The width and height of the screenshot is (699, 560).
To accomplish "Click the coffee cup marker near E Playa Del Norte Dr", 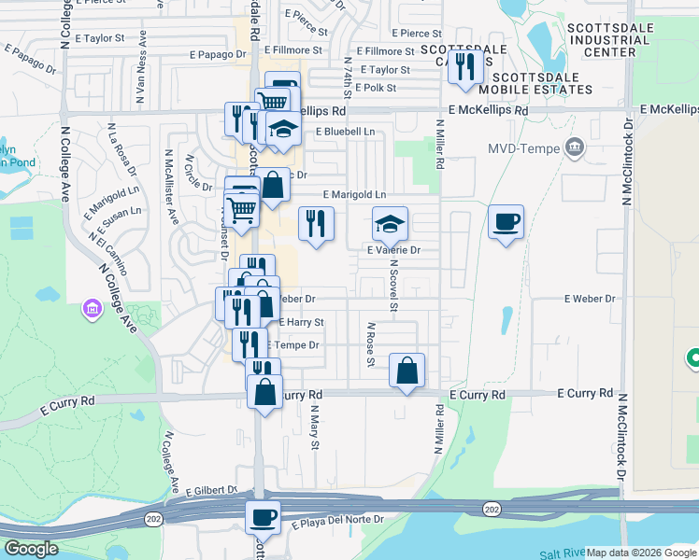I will point(263,516).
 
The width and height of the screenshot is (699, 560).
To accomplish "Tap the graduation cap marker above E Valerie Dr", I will point(391,223).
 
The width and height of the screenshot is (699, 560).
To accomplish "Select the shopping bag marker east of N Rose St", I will point(407,371).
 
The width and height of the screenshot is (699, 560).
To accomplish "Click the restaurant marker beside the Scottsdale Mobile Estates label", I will point(463,66).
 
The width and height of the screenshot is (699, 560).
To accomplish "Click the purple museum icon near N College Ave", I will point(92,307).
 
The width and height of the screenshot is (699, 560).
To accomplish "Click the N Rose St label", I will point(370,345).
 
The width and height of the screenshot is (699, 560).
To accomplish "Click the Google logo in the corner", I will point(31,549).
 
